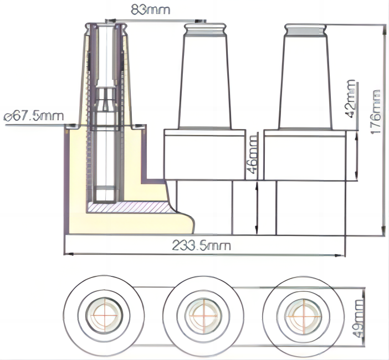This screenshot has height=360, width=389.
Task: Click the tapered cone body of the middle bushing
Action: click(204, 83)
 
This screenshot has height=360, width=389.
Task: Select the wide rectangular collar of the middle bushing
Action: click(204, 155)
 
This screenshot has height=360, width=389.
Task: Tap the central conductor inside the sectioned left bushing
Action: click(105, 144)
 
